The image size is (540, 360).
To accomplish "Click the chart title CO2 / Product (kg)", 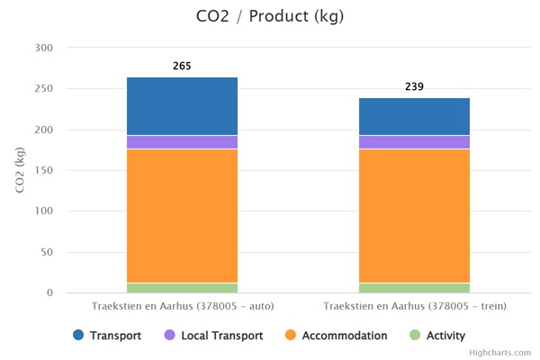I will tap(269, 16).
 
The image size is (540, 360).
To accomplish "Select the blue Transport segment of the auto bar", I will tap(182, 106).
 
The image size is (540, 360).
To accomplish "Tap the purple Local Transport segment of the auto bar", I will tap(182, 142).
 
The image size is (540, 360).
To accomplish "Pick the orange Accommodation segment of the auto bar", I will tap(182, 216).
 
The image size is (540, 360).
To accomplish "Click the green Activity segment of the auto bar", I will tap(182, 288).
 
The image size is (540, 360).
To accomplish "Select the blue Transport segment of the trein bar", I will tap(414, 117).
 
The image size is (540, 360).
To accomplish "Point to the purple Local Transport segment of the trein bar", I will tap(414, 142).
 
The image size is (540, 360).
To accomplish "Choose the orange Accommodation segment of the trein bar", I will tap(414, 216).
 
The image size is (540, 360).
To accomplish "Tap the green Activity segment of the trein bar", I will tap(414, 288).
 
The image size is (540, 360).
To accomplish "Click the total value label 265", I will tap(182, 67).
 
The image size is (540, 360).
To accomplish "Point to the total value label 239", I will tap(414, 87).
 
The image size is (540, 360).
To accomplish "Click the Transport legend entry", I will tap(109, 336).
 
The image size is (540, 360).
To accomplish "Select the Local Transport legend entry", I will tap(215, 336).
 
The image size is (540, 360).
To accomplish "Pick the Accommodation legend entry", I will tap(338, 336).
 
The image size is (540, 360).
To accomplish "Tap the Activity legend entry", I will tap(437, 336).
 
